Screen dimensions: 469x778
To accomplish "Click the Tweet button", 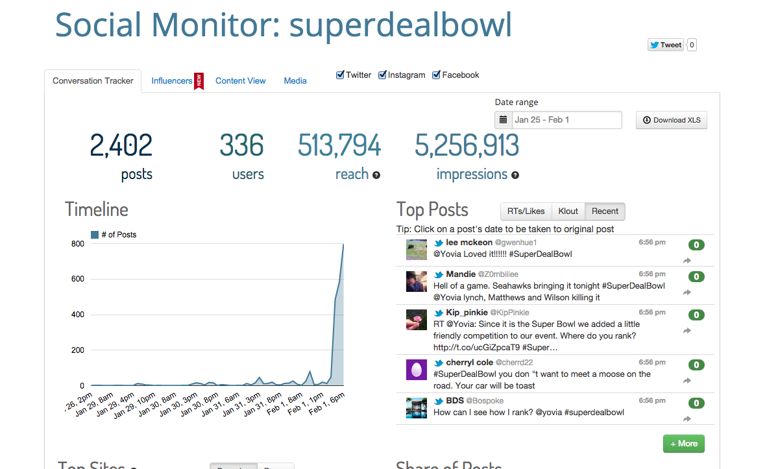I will point(665,45).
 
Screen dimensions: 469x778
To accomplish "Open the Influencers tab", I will point(172,81).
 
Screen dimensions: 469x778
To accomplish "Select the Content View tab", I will point(240,81).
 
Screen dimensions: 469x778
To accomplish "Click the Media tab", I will point(295,81).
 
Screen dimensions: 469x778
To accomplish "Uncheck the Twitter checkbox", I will point(340,75).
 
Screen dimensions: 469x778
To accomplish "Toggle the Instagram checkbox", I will point(383,75).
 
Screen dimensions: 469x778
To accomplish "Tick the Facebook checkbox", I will point(437,75).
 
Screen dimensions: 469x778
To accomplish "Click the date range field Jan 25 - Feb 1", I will point(566,120).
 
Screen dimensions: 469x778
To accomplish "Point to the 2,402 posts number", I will point(121,145).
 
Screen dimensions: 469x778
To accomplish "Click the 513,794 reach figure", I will point(339,145).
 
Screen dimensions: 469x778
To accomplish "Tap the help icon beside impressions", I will point(515,175).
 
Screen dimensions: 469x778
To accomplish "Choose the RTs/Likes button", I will point(526,211).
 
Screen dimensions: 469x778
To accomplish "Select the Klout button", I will point(568,211).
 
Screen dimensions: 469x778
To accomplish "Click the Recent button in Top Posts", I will point(605,211).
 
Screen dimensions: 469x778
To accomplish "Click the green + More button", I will point(683,444).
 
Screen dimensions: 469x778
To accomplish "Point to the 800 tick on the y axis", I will point(77,244).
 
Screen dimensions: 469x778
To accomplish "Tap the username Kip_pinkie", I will point(467,313).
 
